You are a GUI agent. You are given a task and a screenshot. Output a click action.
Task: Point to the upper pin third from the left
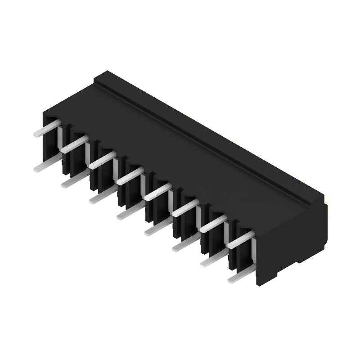point(102,160)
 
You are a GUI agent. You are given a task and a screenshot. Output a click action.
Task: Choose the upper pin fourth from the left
point(130,175)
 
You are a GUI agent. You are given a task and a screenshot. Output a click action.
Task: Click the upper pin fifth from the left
point(157,192)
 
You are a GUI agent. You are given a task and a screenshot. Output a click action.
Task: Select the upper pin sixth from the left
point(185,207)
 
